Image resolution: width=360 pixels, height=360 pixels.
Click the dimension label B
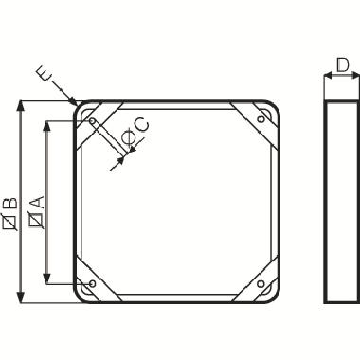(9, 201)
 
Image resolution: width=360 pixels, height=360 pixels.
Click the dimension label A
(36, 200)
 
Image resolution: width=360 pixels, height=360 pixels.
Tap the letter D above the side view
(341, 65)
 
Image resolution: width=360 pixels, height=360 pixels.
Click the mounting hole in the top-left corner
(90, 120)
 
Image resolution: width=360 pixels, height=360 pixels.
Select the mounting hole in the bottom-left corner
(90, 283)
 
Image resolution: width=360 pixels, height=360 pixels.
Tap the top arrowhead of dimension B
(18, 104)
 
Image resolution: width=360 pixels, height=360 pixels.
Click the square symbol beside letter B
(9, 223)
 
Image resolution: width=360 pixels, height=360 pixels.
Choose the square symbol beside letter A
(36, 221)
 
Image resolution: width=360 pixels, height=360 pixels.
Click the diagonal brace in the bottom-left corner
(99, 276)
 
